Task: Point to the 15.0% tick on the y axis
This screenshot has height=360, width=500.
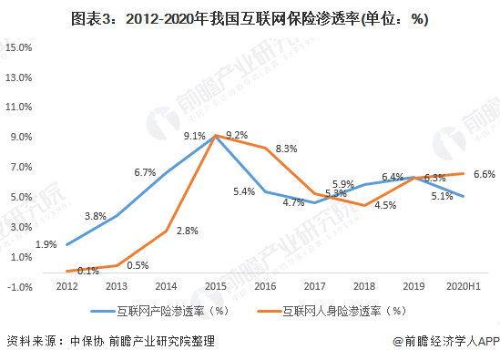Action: tap(19, 46)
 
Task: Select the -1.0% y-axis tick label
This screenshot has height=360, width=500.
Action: tap(19, 286)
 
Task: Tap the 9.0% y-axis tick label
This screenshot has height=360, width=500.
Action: tap(19, 137)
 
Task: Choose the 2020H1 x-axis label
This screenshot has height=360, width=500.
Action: tap(464, 286)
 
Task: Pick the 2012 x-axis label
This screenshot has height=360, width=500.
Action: tap(65, 286)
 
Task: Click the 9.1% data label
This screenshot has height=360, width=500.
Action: tap(194, 136)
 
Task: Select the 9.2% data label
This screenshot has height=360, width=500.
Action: tap(237, 135)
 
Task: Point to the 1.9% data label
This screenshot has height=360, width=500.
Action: tap(46, 243)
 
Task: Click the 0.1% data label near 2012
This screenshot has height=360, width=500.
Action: tap(87, 271)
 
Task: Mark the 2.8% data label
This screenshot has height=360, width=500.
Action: tap(187, 231)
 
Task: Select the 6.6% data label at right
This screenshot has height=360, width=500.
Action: tap(485, 173)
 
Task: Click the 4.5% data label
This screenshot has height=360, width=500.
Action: tap(385, 205)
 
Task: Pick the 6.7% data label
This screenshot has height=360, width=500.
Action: tap(145, 171)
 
